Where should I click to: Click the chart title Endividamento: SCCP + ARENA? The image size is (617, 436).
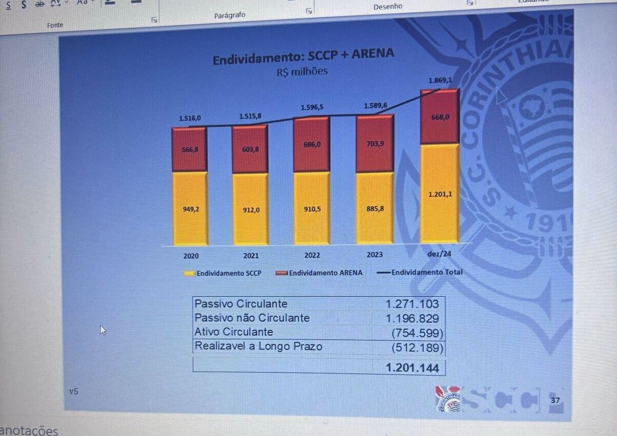[x=303, y=56]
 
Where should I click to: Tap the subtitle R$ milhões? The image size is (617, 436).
[x=302, y=72]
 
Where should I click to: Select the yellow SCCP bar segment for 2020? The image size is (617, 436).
[x=190, y=208]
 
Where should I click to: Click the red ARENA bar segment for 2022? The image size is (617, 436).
[x=311, y=144]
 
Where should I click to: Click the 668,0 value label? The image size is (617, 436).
[x=440, y=117]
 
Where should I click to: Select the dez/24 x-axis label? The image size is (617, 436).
[x=439, y=254]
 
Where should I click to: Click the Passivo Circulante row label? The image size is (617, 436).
[x=241, y=304]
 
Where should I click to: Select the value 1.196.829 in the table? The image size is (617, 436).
[x=412, y=318]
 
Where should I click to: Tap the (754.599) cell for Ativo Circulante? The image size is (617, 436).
[x=416, y=333]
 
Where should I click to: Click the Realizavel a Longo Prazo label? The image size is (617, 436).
[x=258, y=347]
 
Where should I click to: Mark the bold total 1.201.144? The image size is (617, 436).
[x=412, y=368]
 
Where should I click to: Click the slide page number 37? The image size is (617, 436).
[x=555, y=400]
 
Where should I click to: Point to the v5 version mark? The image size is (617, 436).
[x=74, y=391]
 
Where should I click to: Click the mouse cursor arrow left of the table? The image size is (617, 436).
[x=103, y=329]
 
